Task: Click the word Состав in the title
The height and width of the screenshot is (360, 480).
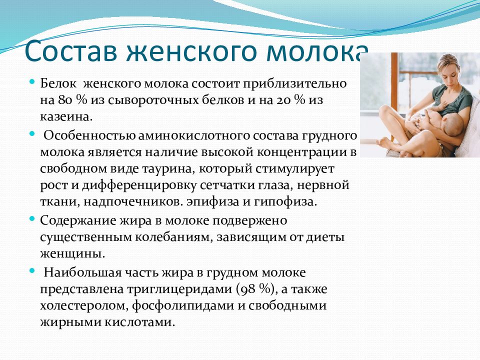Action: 71,50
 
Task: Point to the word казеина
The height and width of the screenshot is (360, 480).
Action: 66,116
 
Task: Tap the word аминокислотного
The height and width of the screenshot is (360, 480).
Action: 194,135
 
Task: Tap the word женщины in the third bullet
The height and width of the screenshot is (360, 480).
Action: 72,254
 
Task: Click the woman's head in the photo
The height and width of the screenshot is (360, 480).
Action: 449,69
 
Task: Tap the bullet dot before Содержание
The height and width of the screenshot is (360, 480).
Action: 32,219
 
